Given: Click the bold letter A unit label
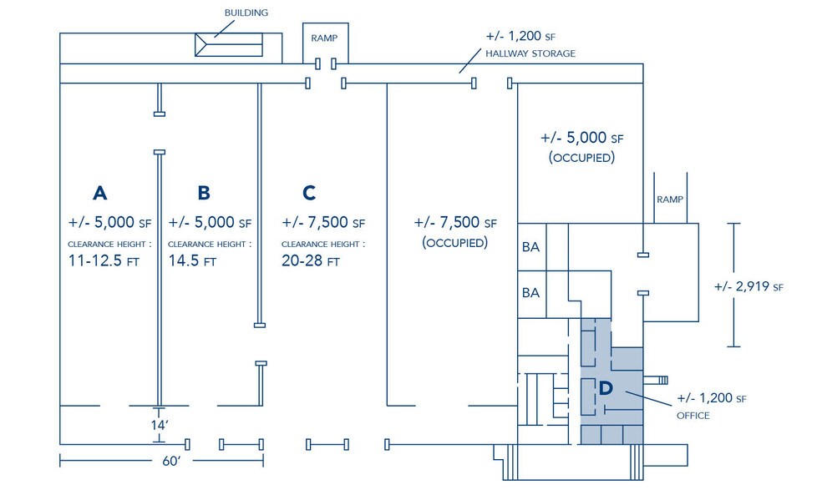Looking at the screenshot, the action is pos(99,193).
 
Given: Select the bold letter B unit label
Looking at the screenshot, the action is pos(204,193).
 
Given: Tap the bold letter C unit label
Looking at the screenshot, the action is pos(309,193).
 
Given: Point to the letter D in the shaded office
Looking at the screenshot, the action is pos(606,388).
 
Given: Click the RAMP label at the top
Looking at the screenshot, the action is pos(324,38).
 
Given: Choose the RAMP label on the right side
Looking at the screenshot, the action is pos(670,200).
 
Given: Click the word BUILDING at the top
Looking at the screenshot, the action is pos(246,13).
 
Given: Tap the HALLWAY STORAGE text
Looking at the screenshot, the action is pos(530,53).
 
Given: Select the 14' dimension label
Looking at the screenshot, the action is pos(160,425).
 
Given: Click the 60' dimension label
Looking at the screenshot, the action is pos(171,461).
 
